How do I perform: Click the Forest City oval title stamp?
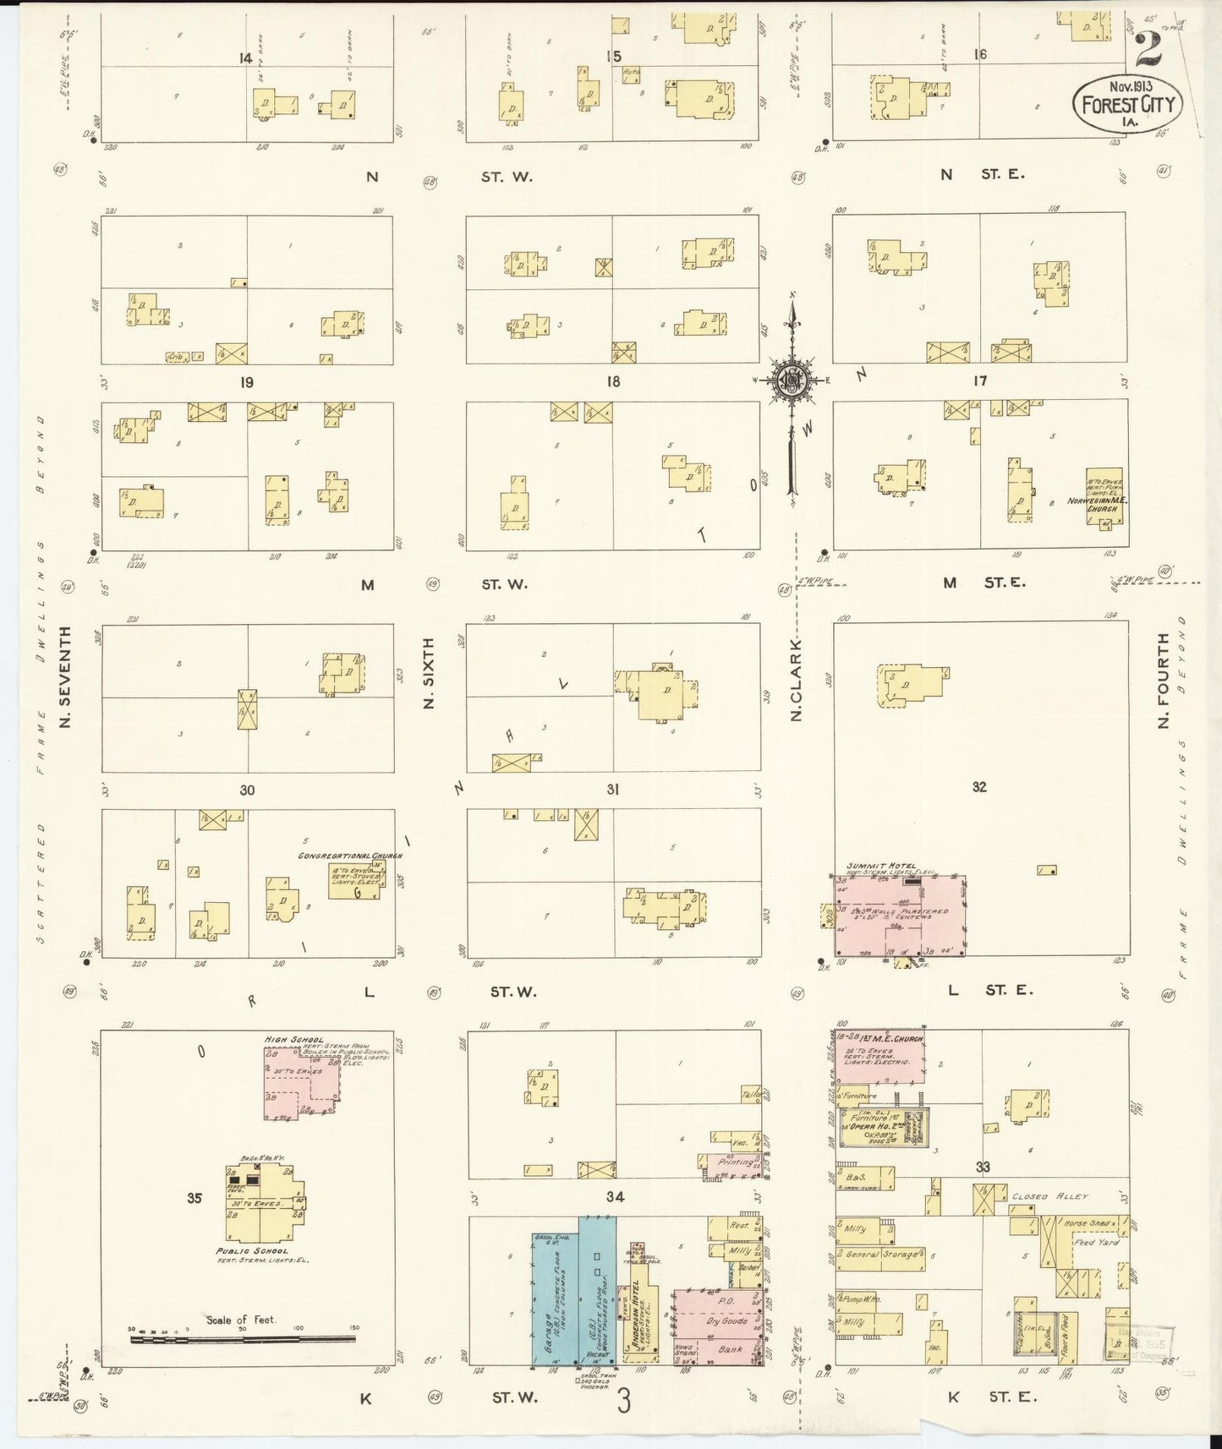1127,102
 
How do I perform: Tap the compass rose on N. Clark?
792,380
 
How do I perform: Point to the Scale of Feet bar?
243,1339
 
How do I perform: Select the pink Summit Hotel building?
900,916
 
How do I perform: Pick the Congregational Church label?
349,856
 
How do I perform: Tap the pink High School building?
301,1075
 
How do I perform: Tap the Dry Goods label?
726,1321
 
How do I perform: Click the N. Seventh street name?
64,677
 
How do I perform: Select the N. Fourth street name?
1162,681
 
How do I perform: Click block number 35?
195,1198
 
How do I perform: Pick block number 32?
978,787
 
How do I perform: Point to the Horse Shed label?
1087,1223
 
